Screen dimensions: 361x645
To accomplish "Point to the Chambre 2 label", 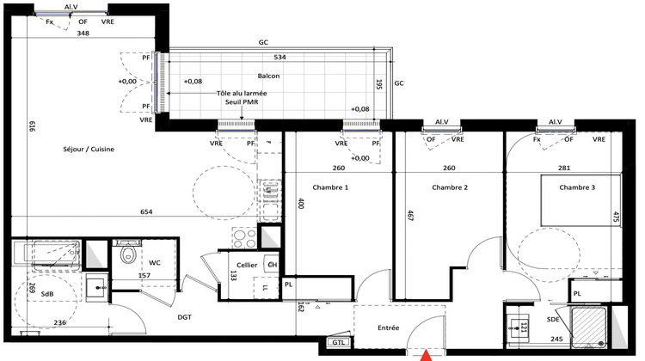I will coord(450,187).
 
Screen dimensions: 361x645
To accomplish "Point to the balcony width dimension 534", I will coord(279,58).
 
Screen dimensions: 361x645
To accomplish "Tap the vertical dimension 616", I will coord(32,127).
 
